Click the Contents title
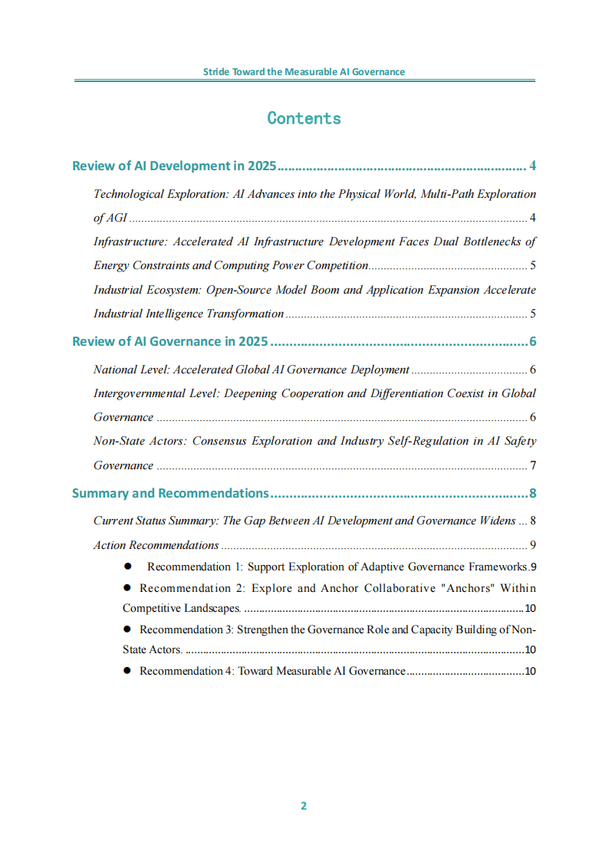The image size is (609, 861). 304,118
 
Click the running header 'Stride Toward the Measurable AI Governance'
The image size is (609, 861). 304,72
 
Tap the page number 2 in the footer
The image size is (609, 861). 304,805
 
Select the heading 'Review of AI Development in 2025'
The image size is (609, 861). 174,166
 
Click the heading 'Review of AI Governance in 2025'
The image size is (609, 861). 169,342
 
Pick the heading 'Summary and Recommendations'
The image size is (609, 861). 170,493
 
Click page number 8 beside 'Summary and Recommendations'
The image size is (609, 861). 532,493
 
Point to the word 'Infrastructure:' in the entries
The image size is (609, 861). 130,242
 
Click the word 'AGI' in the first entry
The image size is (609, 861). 117,218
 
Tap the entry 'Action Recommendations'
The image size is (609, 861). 156,545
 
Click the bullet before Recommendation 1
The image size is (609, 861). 128,567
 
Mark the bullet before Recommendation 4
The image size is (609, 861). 128,671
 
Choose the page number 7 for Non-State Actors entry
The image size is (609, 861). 532,465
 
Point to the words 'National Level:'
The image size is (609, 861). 131,370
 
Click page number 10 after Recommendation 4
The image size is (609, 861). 529,671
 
